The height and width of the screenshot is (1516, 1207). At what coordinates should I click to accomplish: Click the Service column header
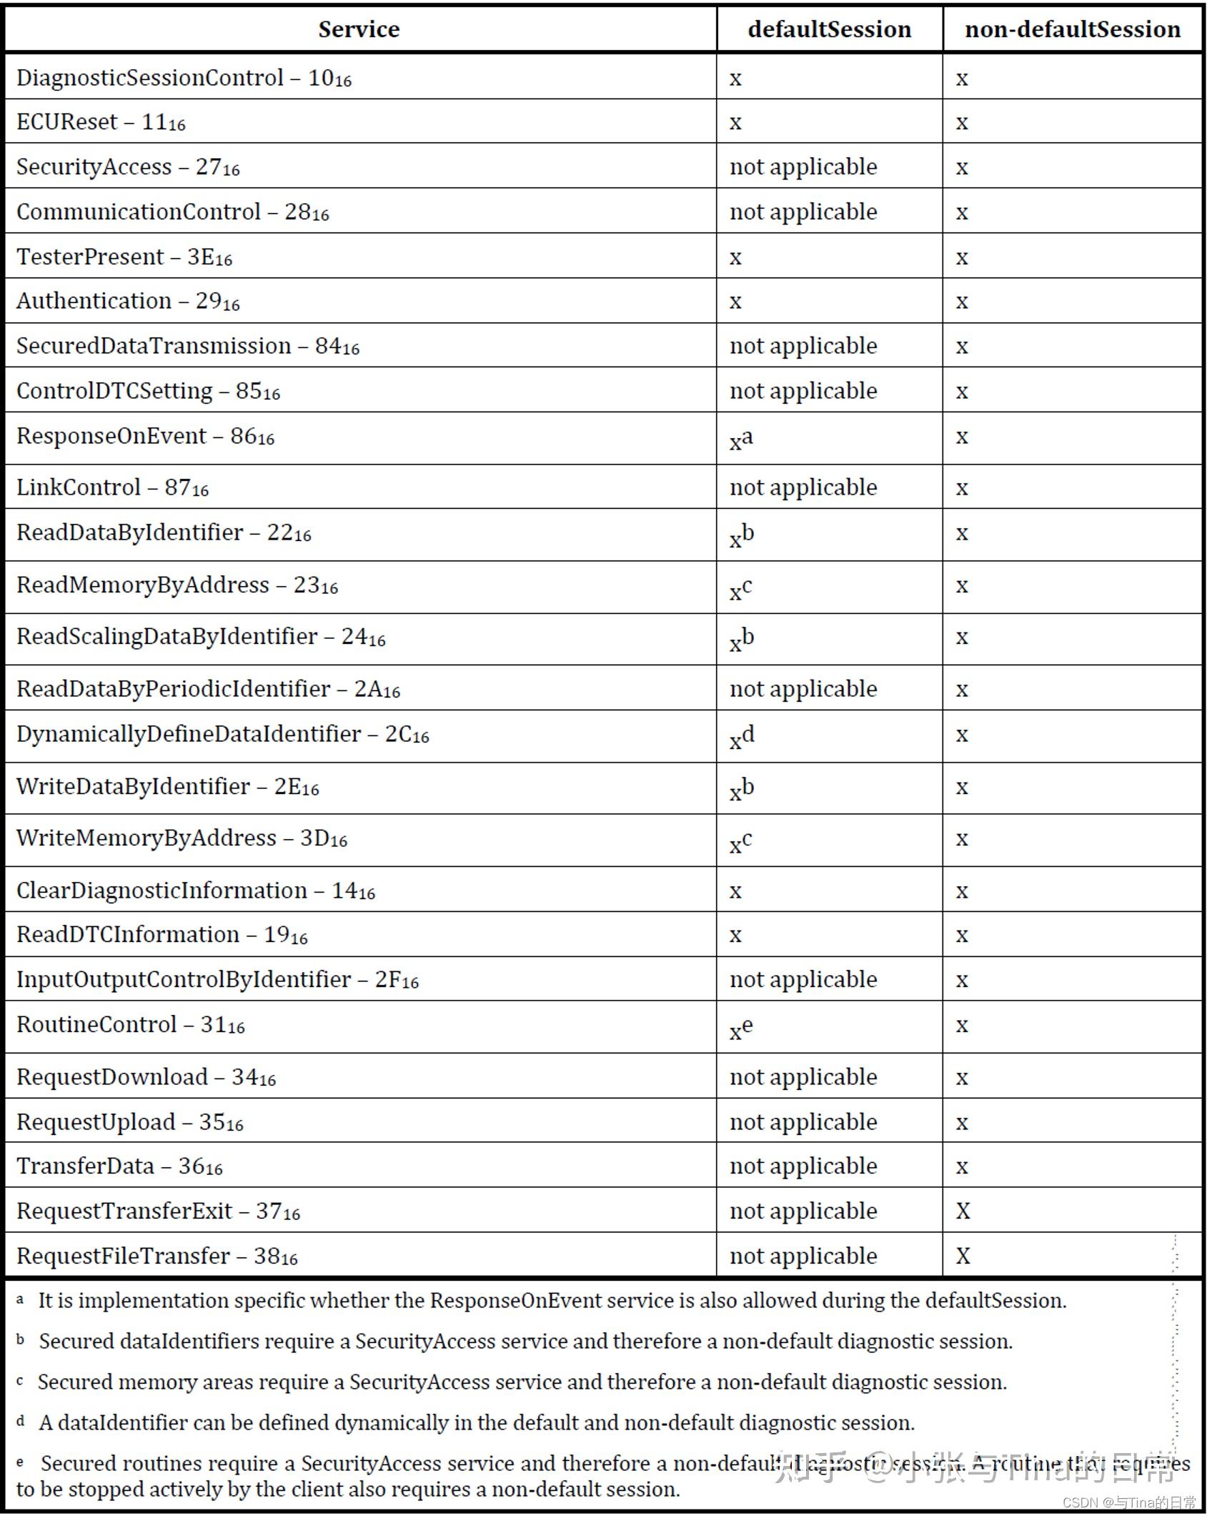click(359, 29)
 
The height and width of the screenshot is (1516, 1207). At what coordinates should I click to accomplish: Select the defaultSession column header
click(829, 29)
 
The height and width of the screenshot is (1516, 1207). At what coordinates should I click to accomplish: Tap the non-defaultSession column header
click(1072, 29)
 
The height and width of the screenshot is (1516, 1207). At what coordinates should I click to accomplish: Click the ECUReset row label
click(101, 122)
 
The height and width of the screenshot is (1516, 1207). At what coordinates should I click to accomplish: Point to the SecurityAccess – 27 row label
click(128, 167)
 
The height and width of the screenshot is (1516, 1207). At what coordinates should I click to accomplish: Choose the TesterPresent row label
click(124, 257)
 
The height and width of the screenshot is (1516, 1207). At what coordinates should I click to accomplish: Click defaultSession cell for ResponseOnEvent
click(741, 439)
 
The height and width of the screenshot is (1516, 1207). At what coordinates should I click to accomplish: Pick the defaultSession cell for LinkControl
click(803, 487)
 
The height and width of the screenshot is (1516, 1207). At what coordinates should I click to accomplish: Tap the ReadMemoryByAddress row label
click(177, 585)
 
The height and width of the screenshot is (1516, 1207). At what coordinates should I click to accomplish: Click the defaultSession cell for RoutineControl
click(741, 1028)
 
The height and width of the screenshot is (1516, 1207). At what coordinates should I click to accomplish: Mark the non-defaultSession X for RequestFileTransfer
click(963, 1256)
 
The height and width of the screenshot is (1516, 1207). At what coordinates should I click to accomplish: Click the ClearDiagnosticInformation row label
click(195, 891)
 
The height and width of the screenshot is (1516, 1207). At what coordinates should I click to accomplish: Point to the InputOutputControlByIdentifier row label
click(217, 979)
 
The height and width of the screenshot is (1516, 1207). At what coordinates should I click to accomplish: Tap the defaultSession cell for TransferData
click(803, 1166)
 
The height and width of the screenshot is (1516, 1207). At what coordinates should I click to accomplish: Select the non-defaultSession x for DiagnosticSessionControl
click(962, 79)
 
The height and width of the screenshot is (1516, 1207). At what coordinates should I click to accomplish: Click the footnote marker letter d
click(21, 1422)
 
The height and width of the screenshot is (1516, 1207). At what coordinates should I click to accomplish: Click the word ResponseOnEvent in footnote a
click(515, 1300)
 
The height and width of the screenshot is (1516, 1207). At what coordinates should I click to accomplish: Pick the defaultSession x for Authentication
click(735, 302)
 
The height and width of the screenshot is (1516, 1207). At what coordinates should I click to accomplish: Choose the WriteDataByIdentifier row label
click(167, 787)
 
